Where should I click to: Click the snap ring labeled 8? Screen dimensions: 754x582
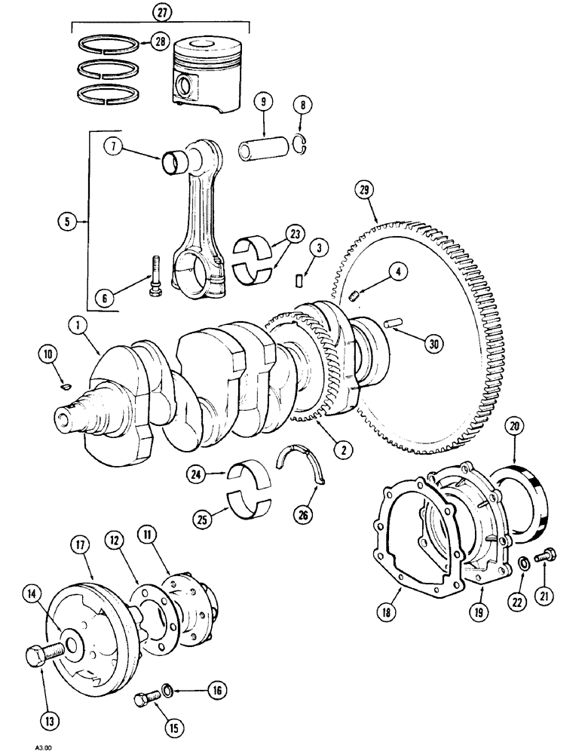tap(303, 146)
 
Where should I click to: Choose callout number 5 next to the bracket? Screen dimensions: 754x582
tap(67, 222)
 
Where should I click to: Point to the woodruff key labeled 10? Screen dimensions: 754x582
tap(65, 387)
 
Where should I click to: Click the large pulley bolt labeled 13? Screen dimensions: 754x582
tap(37, 657)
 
